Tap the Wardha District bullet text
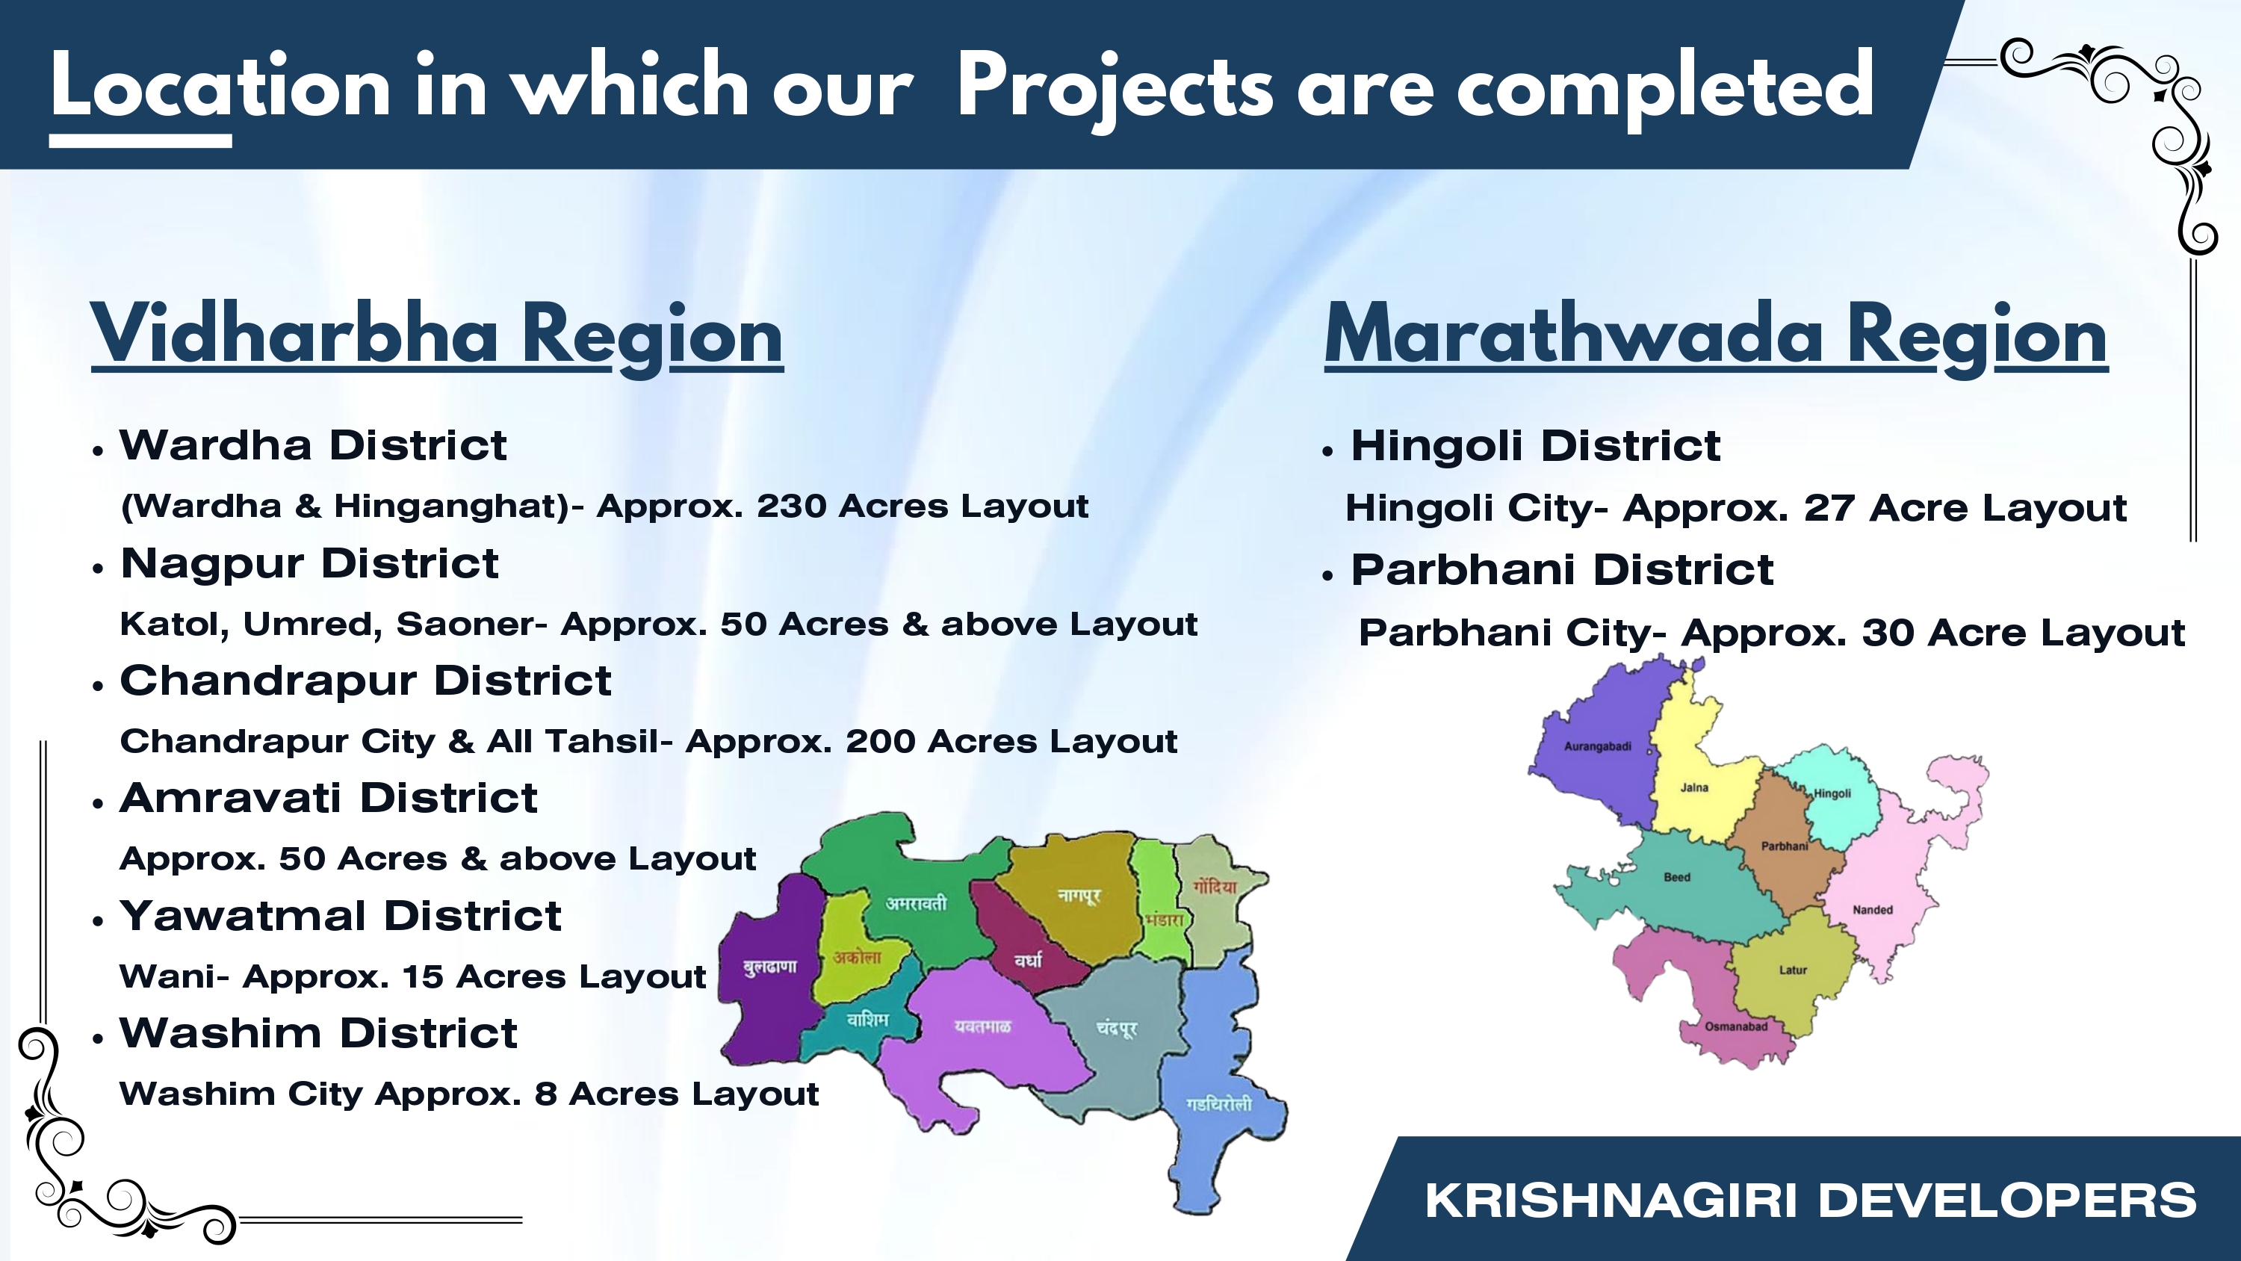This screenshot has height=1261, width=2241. [313, 444]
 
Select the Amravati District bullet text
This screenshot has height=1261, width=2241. [329, 797]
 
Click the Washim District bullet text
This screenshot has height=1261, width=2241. [318, 1033]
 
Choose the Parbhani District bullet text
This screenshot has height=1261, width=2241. [1561, 570]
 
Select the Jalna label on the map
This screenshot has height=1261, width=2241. [1693, 787]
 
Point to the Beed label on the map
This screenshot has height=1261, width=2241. [1677, 877]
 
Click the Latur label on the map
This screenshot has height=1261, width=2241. [1793, 970]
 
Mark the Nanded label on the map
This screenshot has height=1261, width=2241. [1873, 909]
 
